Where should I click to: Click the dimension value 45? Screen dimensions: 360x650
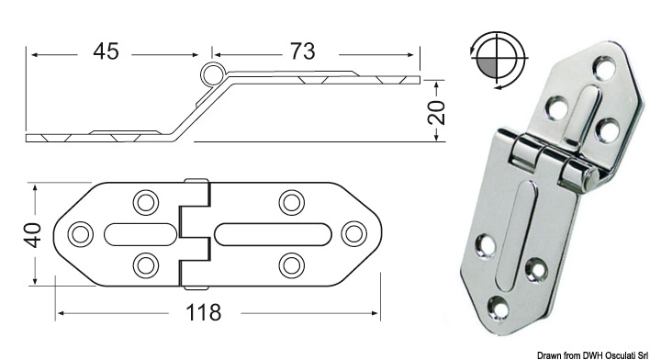coord(106,51)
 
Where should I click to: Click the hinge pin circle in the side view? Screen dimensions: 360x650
coord(213,75)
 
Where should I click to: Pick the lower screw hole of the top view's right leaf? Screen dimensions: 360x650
coord(291,264)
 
